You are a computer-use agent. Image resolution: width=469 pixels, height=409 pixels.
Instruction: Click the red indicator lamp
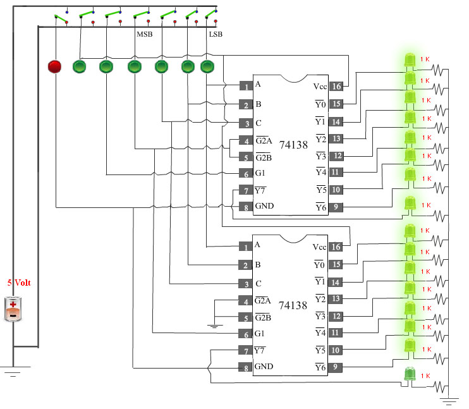click(x=54, y=66)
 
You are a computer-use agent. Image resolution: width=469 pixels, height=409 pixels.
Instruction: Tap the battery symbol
click(x=13, y=309)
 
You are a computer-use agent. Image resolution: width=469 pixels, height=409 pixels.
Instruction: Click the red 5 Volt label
click(x=19, y=283)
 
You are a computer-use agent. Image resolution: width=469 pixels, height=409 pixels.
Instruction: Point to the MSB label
click(x=145, y=34)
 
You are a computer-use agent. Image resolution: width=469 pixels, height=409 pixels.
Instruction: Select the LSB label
click(x=216, y=34)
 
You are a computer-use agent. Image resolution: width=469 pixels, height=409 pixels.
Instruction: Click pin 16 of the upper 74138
click(x=336, y=86)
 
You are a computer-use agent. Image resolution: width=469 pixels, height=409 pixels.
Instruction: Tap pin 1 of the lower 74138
click(x=246, y=247)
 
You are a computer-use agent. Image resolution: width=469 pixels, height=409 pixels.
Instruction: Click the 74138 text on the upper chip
click(x=293, y=145)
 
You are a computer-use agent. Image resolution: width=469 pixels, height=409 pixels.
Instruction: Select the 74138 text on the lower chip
click(x=293, y=305)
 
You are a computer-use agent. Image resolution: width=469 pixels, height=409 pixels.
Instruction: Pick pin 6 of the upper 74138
click(x=246, y=174)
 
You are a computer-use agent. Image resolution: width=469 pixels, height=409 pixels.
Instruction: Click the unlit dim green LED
click(x=410, y=374)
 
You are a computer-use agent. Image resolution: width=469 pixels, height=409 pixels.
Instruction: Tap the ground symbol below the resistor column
click(x=449, y=401)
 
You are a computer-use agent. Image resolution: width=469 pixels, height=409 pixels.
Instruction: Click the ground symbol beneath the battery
click(x=13, y=371)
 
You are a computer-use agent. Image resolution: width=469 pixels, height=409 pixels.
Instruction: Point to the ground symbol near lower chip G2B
click(x=214, y=326)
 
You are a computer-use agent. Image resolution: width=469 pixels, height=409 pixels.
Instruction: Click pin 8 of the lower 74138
click(x=246, y=367)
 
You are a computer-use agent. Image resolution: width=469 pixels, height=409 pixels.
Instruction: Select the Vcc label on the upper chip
click(x=320, y=87)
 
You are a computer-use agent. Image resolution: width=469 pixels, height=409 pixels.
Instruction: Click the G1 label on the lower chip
click(x=259, y=333)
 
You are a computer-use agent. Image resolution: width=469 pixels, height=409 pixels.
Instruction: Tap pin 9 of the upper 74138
click(x=336, y=207)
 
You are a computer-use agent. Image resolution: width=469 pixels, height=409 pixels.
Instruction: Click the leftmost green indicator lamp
click(x=79, y=66)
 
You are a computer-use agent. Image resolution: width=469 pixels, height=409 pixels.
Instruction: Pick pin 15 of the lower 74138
click(x=336, y=264)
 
